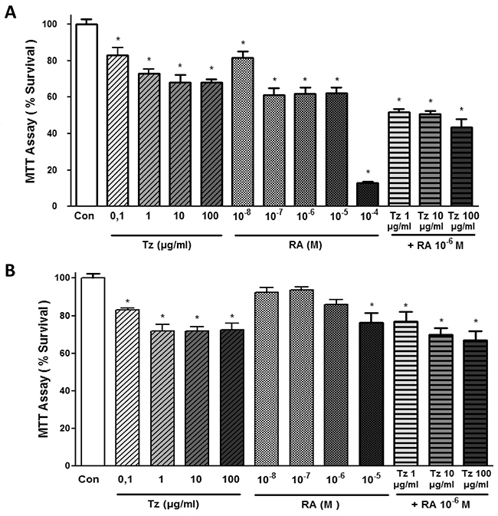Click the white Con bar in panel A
[x=87, y=115]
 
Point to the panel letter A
[x=11, y=14]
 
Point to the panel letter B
[x=10, y=271]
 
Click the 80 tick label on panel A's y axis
[x=52, y=61]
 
